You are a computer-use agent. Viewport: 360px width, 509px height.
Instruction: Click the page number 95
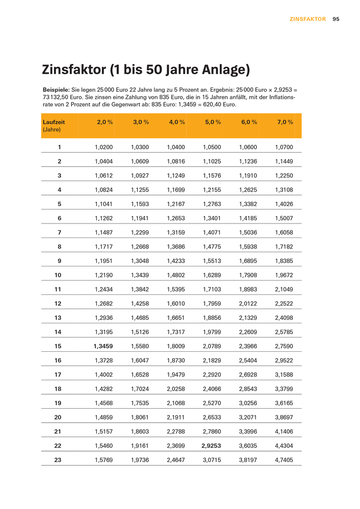[336, 19]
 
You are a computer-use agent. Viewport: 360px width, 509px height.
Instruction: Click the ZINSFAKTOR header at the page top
[308, 19]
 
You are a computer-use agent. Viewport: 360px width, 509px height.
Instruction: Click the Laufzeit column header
[53, 122]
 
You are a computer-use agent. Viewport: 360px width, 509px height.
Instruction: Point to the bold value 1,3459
[103, 346]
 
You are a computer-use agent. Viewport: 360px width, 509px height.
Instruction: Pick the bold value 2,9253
[211, 446]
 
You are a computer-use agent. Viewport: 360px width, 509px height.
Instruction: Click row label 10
[58, 275]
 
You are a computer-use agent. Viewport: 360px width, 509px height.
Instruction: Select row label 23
[58, 460]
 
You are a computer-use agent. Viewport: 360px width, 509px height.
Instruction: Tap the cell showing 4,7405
[284, 460]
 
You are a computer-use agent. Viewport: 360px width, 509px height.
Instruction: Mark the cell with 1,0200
[104, 147]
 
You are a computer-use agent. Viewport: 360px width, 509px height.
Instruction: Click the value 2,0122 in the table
[248, 303]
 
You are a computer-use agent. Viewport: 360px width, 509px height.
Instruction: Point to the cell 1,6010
[176, 303]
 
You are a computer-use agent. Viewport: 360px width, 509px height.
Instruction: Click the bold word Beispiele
[56, 89]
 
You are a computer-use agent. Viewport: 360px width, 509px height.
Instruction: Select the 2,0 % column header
[105, 122]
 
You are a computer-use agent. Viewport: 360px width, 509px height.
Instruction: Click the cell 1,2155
[212, 190]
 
